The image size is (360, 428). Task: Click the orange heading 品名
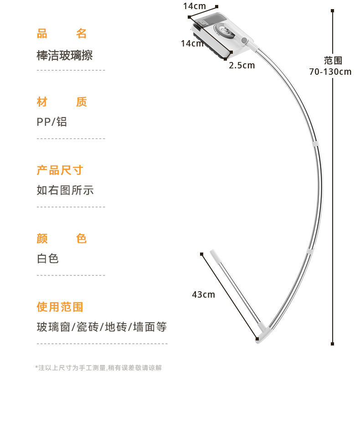click(62, 34)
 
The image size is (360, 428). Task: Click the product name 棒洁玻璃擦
click(65, 56)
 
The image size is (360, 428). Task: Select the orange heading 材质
click(62, 102)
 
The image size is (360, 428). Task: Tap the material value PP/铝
click(52, 122)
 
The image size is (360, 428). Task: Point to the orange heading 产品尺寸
click(60, 170)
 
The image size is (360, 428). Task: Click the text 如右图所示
click(65, 191)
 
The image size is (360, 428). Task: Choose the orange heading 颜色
click(62, 239)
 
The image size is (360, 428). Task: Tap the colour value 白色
click(48, 259)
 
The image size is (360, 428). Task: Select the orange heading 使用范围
click(60, 307)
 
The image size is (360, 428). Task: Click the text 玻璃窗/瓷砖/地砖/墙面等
click(102, 327)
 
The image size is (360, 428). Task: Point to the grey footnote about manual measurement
click(98, 368)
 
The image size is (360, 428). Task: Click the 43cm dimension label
click(203, 294)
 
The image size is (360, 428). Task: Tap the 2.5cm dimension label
click(242, 65)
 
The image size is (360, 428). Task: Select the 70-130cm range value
click(330, 72)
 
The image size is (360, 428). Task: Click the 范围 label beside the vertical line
click(333, 61)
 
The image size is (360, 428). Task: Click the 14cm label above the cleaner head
click(195, 6)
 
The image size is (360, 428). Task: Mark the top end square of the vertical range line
click(333, 10)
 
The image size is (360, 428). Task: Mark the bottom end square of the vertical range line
click(333, 344)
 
